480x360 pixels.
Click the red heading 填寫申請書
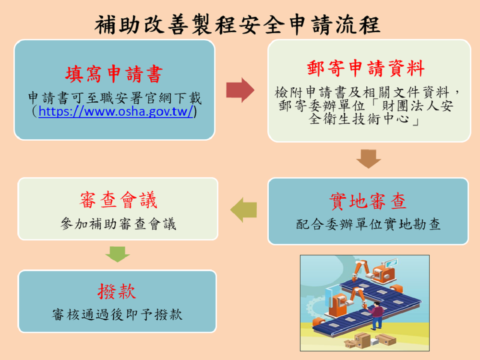tap(114, 74)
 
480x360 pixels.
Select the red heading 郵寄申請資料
tap(366, 68)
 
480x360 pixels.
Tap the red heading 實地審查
tap(368, 202)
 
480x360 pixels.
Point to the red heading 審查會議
tap(118, 201)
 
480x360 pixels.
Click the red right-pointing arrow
tap(240, 90)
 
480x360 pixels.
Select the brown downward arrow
tap(368, 158)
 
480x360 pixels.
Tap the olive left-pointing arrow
tap(244, 210)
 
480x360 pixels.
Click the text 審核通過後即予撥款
tap(117, 315)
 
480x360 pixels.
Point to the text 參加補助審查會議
tap(119, 224)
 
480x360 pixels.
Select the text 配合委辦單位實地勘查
tap(368, 225)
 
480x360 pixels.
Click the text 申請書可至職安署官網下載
tap(115, 98)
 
